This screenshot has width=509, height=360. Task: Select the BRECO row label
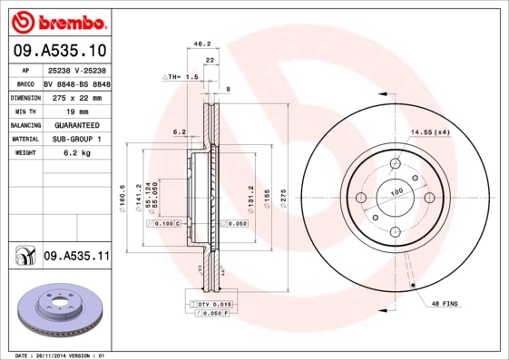(x=24, y=83)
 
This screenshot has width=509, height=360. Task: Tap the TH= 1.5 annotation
(x=181, y=78)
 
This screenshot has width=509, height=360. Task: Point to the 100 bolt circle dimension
(x=396, y=192)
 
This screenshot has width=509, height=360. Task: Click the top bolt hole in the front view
(x=396, y=164)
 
